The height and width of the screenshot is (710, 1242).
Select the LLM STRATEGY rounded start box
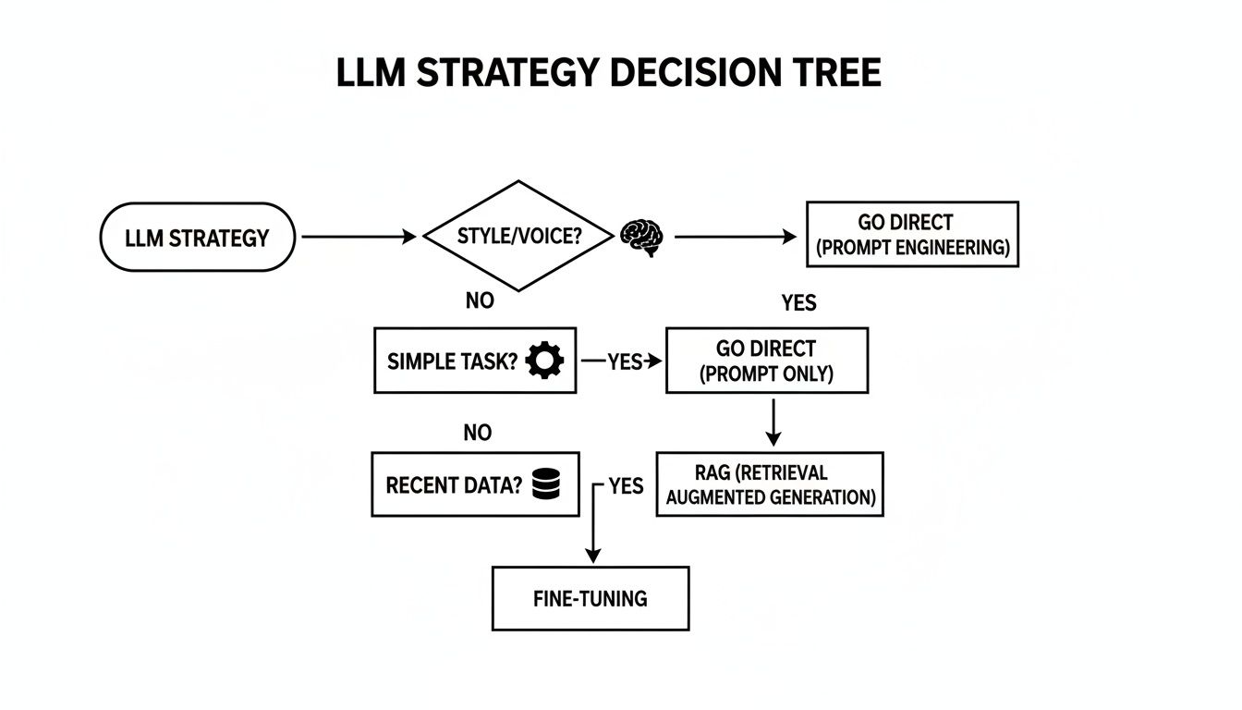click(197, 238)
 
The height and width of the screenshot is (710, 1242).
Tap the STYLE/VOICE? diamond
click(518, 236)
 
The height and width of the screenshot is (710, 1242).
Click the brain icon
click(642, 237)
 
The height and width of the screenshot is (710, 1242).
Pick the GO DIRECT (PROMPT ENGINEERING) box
click(912, 235)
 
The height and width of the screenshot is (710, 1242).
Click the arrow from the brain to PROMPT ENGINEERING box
click(735, 238)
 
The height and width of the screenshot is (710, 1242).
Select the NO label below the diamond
click(480, 300)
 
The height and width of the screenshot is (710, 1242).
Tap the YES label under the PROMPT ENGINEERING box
click(798, 302)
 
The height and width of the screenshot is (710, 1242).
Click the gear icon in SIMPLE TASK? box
click(544, 361)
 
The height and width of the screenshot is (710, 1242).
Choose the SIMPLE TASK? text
click(451, 361)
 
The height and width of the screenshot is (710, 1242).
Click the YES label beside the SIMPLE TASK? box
click(624, 361)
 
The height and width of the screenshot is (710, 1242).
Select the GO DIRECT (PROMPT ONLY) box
click(766, 361)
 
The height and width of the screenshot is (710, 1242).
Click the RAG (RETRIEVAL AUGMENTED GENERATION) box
click(770, 484)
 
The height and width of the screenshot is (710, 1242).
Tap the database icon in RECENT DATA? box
click(547, 484)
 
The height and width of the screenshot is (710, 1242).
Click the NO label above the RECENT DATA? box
click(477, 433)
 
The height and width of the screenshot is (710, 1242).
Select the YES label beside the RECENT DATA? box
click(626, 486)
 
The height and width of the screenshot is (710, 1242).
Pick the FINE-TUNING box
click(591, 598)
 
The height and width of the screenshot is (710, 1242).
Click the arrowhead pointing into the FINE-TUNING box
click(592, 556)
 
